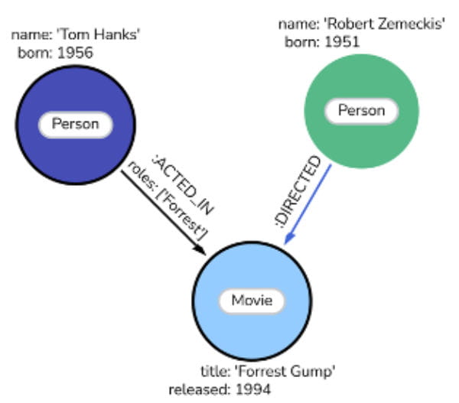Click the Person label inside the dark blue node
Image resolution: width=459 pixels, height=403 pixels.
[75, 124]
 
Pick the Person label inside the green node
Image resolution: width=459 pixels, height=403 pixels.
[361, 111]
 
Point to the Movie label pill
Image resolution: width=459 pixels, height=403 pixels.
[251, 301]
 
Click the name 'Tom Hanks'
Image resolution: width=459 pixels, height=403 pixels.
[102, 34]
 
